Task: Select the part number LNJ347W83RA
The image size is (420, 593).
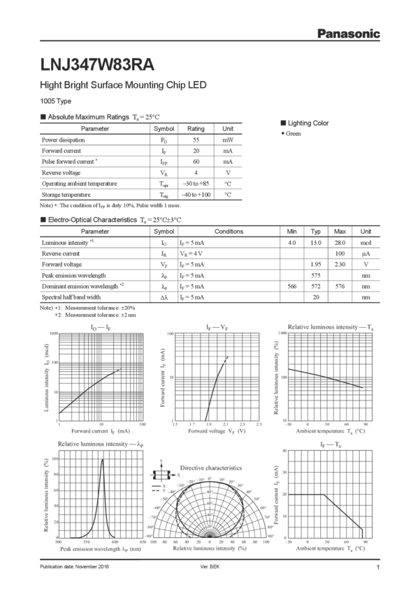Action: (97, 65)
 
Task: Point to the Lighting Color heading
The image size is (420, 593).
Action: (305, 123)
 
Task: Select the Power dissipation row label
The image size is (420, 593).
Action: (59, 140)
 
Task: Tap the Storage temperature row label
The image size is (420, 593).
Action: (62, 195)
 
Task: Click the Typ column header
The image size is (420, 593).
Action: (316, 231)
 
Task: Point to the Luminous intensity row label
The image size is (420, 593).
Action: (65, 242)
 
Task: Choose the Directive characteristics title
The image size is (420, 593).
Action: (211, 467)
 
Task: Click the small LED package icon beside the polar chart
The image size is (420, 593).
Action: (162, 474)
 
